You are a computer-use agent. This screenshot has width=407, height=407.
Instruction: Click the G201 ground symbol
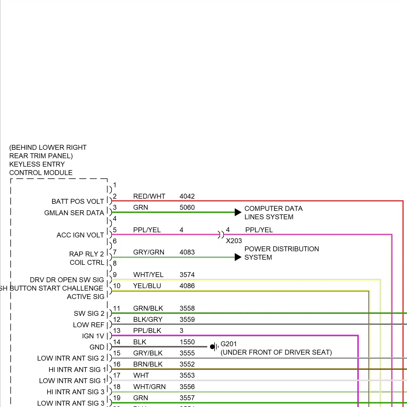[214, 346]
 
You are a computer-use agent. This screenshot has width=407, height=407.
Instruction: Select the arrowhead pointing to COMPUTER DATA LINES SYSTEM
[238, 212]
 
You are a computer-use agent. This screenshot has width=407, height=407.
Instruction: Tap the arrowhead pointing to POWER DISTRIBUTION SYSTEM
[238, 257]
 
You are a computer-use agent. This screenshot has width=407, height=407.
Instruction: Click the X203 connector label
[234, 241]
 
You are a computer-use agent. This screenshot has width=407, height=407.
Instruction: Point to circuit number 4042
[187, 196]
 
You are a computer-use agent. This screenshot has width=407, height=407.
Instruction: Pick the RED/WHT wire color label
[149, 196]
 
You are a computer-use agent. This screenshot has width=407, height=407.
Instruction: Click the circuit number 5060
[187, 207]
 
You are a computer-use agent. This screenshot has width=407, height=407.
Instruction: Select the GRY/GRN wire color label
[148, 252]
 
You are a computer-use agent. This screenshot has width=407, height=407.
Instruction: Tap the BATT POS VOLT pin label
[78, 201]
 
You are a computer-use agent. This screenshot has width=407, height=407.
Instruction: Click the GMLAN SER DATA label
[74, 213]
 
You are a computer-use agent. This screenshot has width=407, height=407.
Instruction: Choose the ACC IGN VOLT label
[80, 235]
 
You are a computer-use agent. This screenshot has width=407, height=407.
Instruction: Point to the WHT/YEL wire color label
[148, 275]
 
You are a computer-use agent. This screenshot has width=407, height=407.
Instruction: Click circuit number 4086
[187, 286]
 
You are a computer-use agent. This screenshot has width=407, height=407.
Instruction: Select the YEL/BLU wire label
[147, 286]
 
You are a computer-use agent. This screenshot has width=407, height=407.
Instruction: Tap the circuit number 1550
[187, 342]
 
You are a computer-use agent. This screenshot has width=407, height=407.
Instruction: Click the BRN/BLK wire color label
[148, 364]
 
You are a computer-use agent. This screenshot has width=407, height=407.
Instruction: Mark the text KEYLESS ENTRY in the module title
[37, 164]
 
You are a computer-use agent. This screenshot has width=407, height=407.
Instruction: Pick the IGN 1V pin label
[93, 336]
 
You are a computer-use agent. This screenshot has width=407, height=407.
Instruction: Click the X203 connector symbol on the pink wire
[221, 234]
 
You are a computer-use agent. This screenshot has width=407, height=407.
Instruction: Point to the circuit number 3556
[187, 387]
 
